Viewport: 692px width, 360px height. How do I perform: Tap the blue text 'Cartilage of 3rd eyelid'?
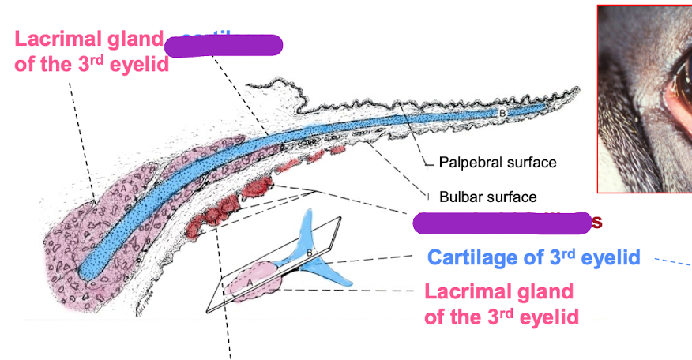pyautogui.click(x=533, y=257)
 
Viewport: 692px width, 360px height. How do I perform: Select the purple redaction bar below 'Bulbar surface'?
pyautogui.click(x=502, y=223)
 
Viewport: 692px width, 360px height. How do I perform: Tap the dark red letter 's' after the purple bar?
pyautogui.click(x=597, y=223)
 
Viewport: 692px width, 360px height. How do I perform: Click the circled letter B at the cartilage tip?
pyautogui.click(x=501, y=114)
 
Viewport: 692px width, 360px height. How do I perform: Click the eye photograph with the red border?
pyautogui.click(x=645, y=98)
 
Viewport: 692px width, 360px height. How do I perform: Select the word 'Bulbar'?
pyautogui.click(x=454, y=197)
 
